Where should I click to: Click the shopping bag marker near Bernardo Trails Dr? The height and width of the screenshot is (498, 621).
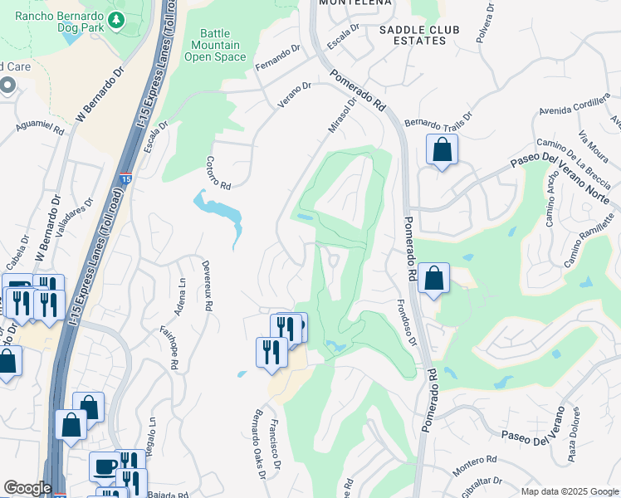pyautogui.click(x=442, y=150)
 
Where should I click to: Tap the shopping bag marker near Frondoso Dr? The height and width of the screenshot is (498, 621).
pyautogui.click(x=433, y=278)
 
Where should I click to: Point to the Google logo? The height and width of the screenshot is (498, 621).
pyautogui.click(x=27, y=488)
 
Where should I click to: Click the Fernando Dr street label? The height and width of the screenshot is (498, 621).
pyautogui.click(x=277, y=57)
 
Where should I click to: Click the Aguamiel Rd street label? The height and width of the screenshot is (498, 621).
pyautogui.click(x=40, y=126)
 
